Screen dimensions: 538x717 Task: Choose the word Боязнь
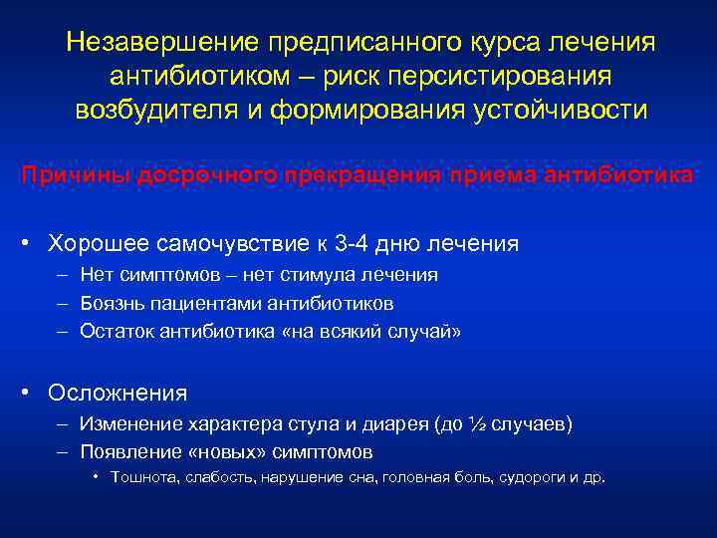[110, 303]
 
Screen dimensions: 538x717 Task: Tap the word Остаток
[114, 332]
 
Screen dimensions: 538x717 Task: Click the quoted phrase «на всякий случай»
[372, 332]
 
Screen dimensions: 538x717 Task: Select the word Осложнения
[118, 393]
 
